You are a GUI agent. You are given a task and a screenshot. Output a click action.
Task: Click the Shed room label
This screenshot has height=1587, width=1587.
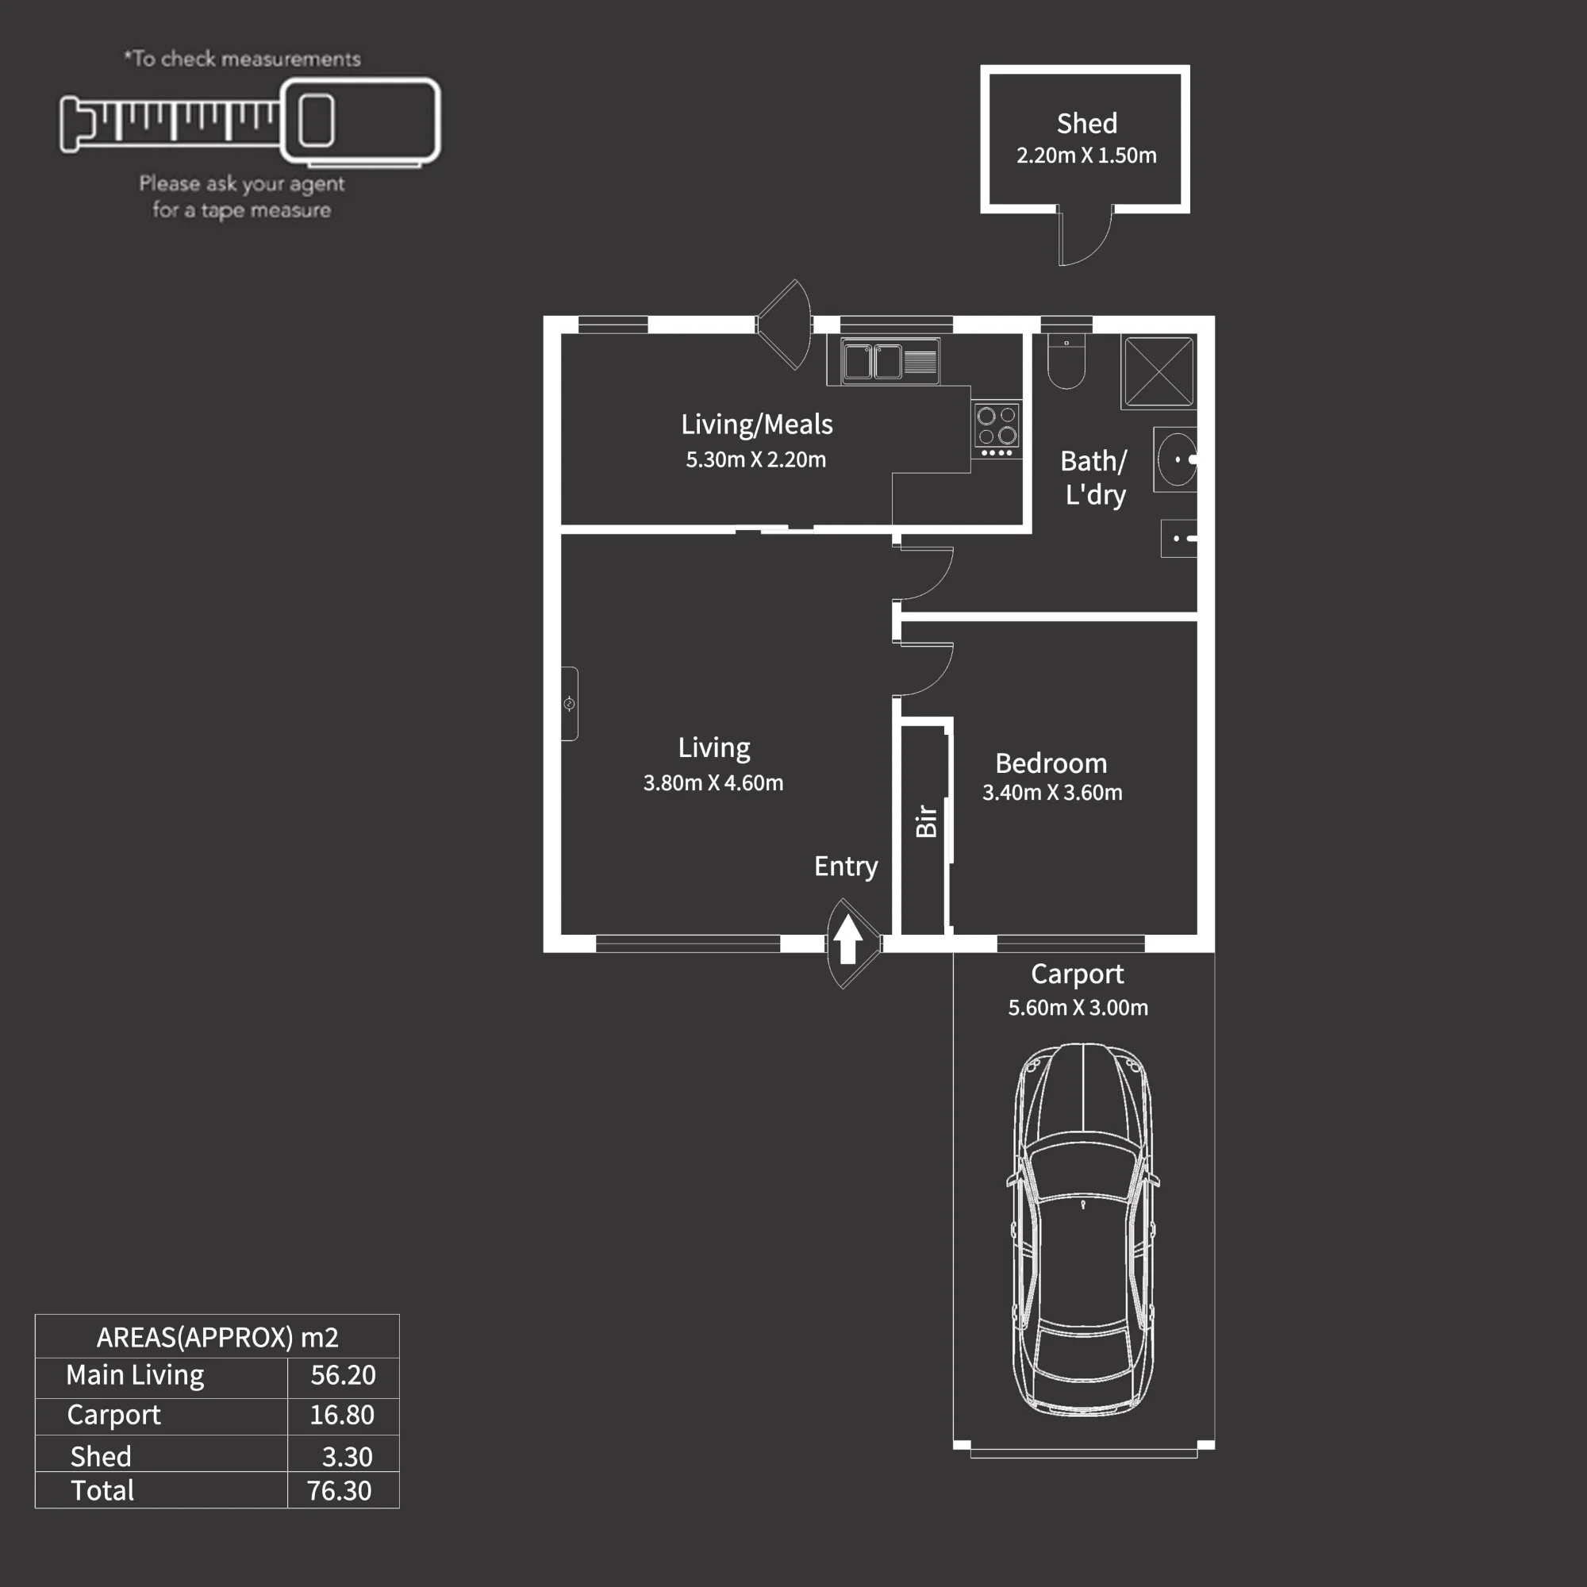[1087, 123]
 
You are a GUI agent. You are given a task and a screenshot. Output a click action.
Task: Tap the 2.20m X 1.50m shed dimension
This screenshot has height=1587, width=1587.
[1086, 156]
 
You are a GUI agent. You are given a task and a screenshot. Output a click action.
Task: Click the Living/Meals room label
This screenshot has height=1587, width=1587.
[756, 425]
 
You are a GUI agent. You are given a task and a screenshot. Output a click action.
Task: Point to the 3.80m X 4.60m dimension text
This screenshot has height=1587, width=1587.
[713, 783]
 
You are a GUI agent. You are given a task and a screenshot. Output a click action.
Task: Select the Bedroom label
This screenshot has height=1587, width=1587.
[1051, 764]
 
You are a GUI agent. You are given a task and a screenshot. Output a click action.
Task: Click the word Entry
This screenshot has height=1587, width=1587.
[846, 867]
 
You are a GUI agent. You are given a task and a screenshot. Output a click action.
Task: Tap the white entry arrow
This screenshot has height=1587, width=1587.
[847, 938]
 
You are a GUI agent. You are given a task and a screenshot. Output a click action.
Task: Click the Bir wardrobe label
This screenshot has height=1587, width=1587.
[926, 820]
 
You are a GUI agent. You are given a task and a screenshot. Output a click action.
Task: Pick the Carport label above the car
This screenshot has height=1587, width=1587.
[1077, 974]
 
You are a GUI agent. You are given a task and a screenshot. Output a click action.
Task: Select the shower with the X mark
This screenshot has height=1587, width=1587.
[1159, 371]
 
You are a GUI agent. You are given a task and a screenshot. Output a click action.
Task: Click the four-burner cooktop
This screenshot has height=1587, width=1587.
[997, 428]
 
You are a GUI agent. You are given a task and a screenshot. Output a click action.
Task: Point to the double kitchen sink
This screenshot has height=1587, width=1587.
[890, 361]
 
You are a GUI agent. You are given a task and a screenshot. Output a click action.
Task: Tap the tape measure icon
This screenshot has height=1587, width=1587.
[250, 121]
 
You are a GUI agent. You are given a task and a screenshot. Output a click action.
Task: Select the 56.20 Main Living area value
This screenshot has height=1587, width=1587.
[343, 1375]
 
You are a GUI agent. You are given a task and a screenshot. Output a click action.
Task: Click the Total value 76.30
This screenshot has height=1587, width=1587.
[340, 1491]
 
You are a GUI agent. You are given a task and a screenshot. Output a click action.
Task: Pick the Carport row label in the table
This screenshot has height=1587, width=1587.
[113, 1416]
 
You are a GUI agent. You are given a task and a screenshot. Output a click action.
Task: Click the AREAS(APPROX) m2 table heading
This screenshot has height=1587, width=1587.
[217, 1337]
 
